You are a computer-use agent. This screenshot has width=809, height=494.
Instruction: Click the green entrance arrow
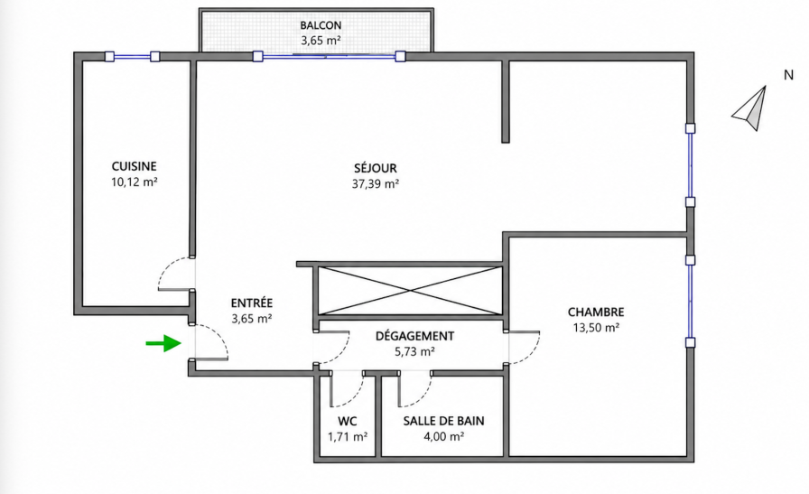point(163,343)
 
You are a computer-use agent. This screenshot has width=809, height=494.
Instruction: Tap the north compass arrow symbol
point(750,109)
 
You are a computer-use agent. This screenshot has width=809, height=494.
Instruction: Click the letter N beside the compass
point(788,75)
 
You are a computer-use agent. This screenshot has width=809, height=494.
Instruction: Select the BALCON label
point(321,25)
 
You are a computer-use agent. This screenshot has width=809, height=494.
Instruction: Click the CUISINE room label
point(135,166)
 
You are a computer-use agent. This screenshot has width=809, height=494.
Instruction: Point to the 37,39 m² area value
point(376,183)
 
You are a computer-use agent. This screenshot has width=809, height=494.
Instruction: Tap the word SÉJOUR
point(376,168)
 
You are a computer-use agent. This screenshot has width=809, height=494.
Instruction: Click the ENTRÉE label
point(252,303)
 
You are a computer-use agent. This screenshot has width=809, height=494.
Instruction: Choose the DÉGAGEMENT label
point(414,336)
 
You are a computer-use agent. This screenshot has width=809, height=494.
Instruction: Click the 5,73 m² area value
point(414,352)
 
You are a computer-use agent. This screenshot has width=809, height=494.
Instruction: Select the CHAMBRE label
point(596,312)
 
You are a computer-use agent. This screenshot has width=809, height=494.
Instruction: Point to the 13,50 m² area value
point(596,328)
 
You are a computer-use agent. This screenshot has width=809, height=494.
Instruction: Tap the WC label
point(348,421)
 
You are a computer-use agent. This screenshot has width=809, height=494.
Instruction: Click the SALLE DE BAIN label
point(443,421)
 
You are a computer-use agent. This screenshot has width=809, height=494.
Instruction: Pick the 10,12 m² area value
point(135,182)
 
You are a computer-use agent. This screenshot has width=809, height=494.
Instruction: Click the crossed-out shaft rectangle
point(410,291)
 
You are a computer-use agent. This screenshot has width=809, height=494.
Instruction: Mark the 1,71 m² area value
point(348,437)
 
